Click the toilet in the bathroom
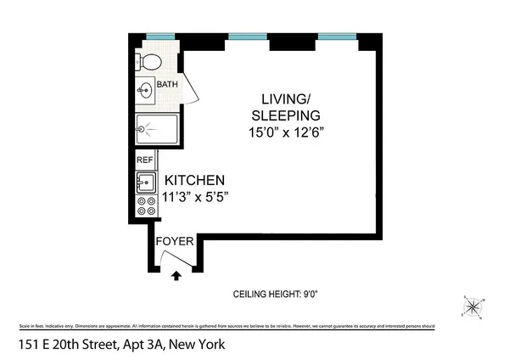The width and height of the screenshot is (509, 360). pos(149,61)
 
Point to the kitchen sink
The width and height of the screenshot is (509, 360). pos(144,182)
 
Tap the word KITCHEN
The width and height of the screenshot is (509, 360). pos(194,180)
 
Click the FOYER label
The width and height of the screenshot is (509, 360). pos(176,241)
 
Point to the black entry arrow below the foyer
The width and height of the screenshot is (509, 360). pos(176,275)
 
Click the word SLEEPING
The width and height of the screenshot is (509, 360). pos(285,115)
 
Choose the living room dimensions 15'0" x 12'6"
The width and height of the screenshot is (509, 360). pos(285,132)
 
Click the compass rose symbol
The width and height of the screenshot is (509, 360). pos(471,307)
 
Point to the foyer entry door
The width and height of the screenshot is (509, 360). pos(176,260)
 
